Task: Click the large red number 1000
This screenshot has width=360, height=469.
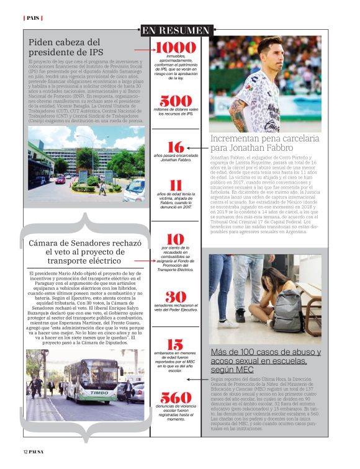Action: point(176,48)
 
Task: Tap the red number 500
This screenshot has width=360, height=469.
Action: point(176,101)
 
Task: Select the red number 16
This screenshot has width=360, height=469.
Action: point(176,148)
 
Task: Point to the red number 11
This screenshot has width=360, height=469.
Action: point(176,185)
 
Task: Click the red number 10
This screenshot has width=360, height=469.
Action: point(176,239)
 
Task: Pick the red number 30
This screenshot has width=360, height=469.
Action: point(176,297)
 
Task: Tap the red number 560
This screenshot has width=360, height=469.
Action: point(176,398)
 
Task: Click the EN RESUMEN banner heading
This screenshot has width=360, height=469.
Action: point(176,30)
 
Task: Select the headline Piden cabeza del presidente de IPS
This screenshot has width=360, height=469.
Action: point(66,47)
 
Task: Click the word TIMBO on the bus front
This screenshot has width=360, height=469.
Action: point(100,392)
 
